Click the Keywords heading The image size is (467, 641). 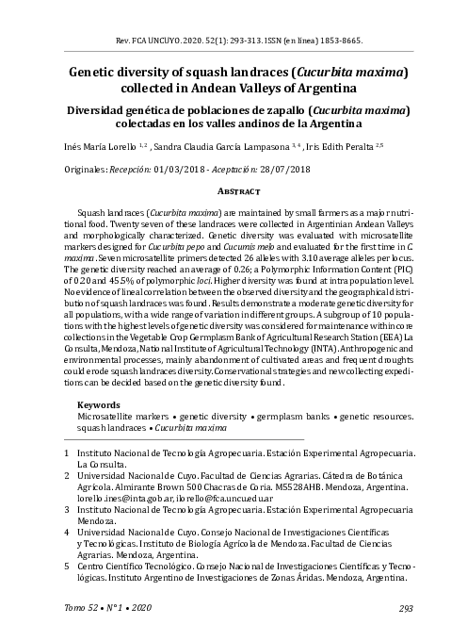pyautogui.click(x=97, y=404)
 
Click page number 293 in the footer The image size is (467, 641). pyautogui.click(x=407, y=608)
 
